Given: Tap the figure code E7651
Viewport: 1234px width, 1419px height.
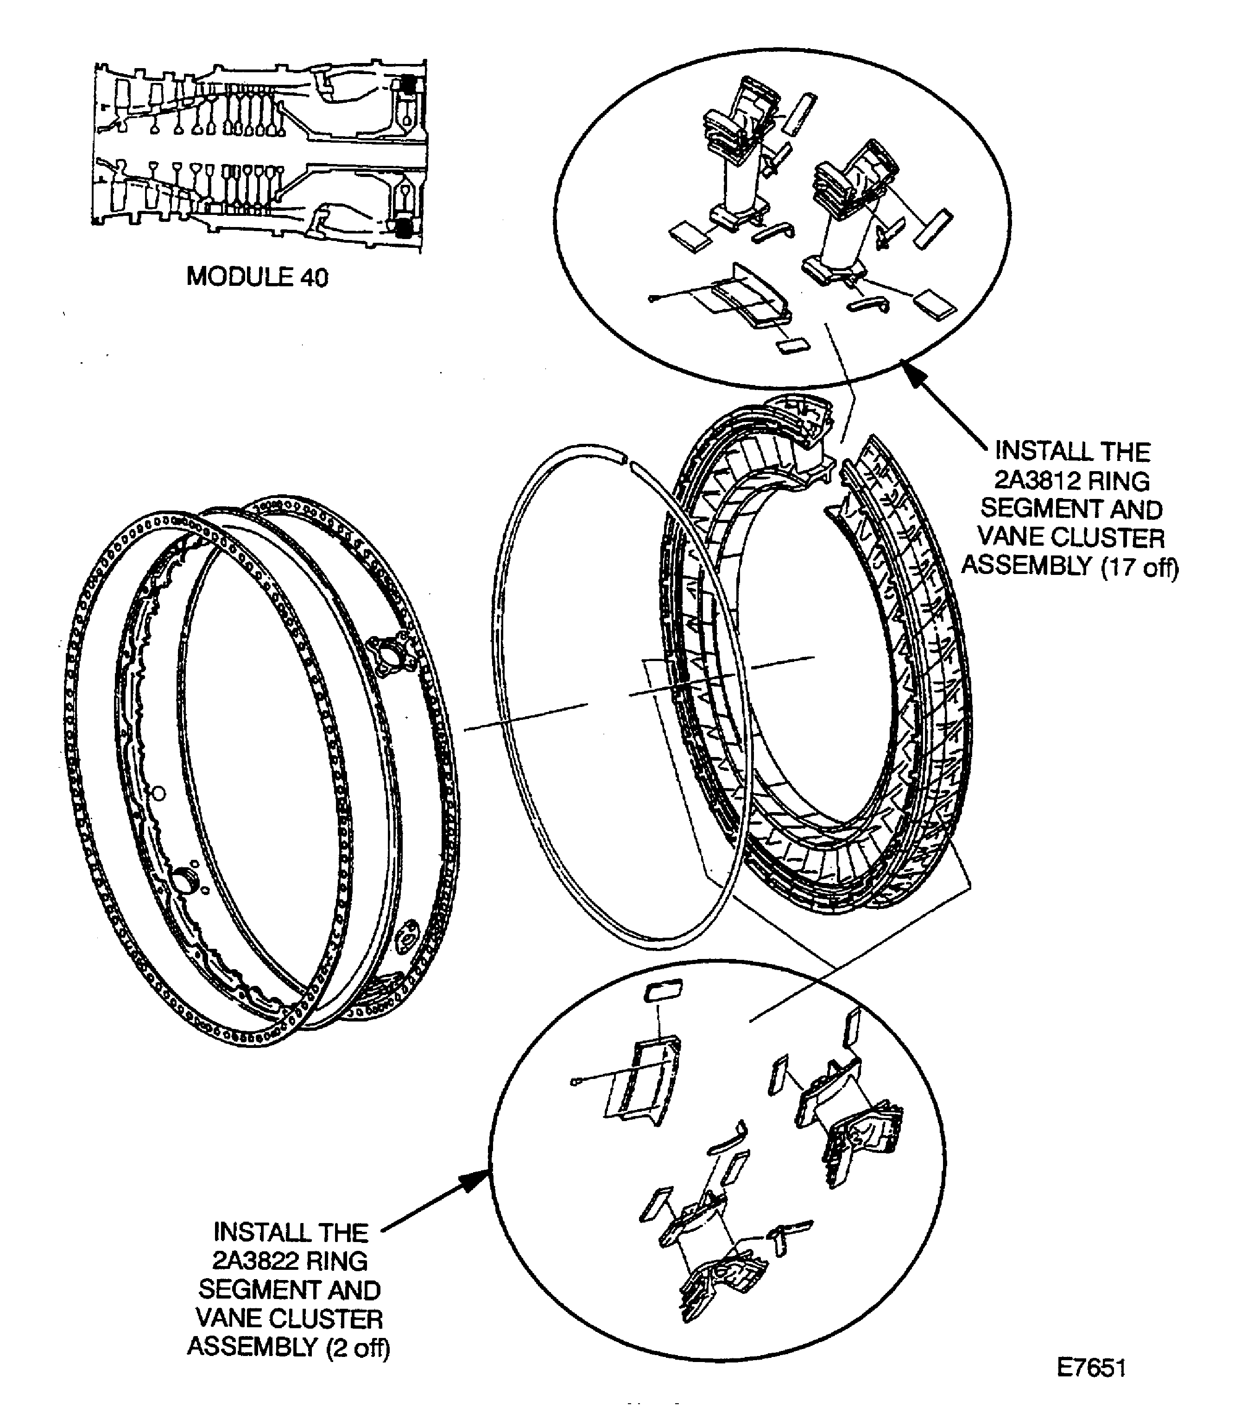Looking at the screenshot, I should coord(1091,1368).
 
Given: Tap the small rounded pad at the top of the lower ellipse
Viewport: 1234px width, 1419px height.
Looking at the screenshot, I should coord(663,991).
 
